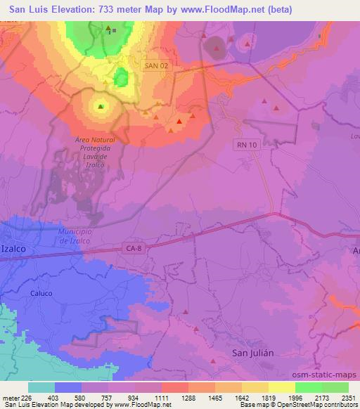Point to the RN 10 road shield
[x=243, y=143]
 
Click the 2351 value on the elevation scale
[x=348, y=397]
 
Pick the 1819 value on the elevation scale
[x=269, y=397]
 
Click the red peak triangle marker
[x=179, y=121]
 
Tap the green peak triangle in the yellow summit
[x=100, y=107]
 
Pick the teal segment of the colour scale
[x=41, y=387]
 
